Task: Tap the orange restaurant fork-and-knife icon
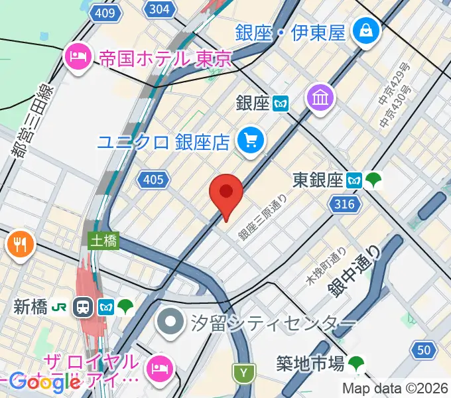point(21,244)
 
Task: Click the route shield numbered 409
point(109,13)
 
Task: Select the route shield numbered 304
point(159,9)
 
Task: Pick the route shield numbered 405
point(153,178)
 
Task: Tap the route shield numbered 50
point(424,350)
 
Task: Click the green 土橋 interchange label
point(104,241)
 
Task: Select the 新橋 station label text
point(30,306)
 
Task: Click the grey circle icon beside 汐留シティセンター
point(171,323)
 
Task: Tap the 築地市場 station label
point(310,363)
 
